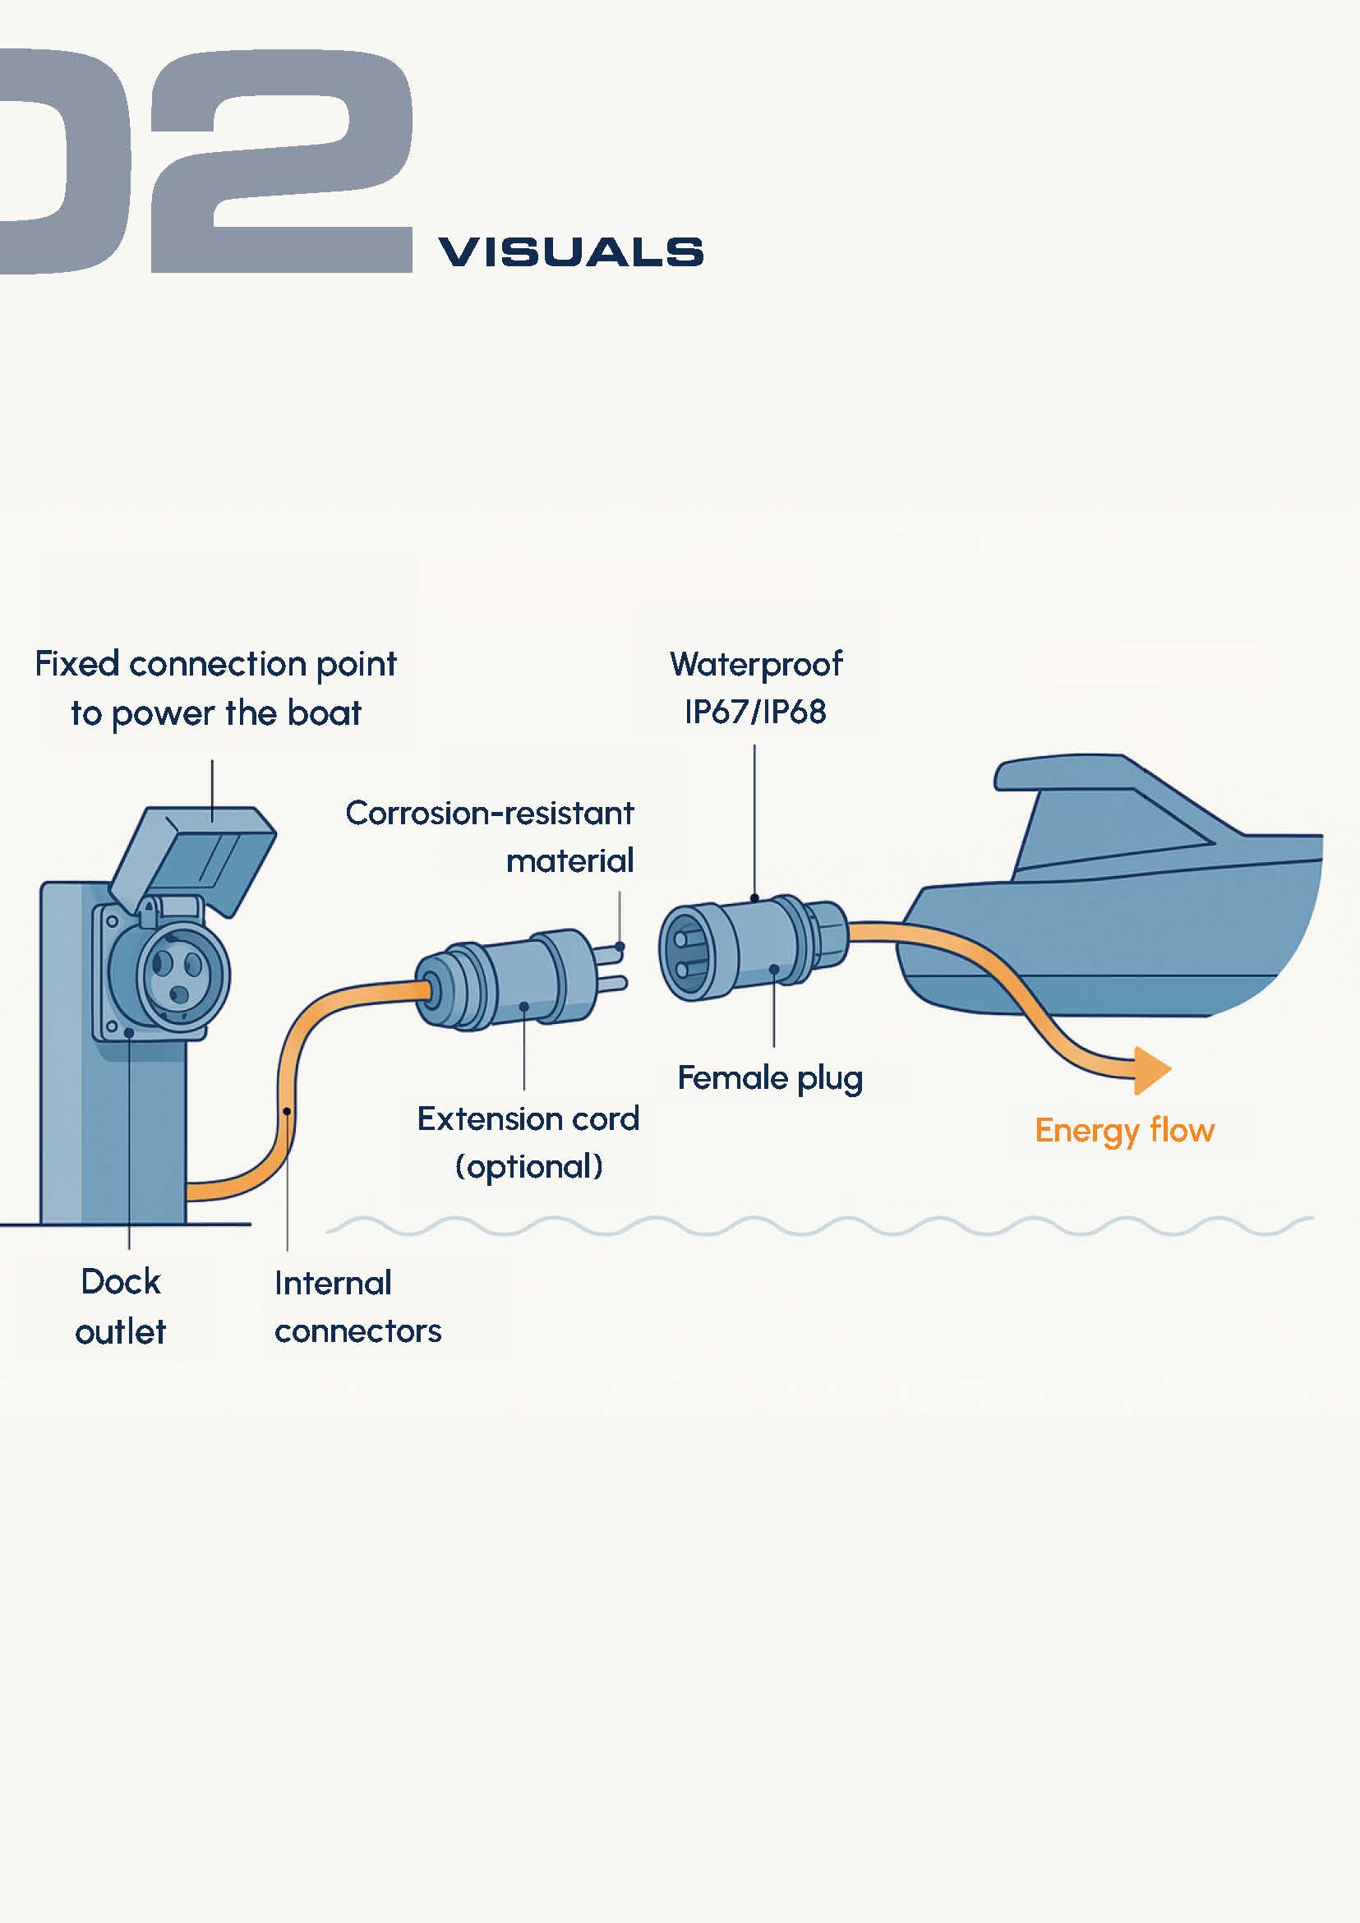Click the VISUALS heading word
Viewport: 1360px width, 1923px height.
click(570, 252)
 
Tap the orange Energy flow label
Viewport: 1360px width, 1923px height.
click(1124, 1131)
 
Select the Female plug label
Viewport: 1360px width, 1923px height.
click(770, 1079)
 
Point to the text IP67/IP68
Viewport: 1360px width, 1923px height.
click(754, 712)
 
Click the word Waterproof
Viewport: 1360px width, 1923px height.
click(755, 664)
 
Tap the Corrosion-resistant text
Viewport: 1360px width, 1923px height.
click(489, 814)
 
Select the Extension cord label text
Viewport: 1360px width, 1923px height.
click(528, 1119)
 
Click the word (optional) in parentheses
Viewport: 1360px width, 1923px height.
click(528, 1167)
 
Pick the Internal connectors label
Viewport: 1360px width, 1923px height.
click(357, 1307)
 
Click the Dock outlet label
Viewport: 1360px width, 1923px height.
click(121, 1307)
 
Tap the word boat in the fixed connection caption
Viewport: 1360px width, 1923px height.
click(324, 713)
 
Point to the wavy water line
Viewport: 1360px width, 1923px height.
click(821, 1226)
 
